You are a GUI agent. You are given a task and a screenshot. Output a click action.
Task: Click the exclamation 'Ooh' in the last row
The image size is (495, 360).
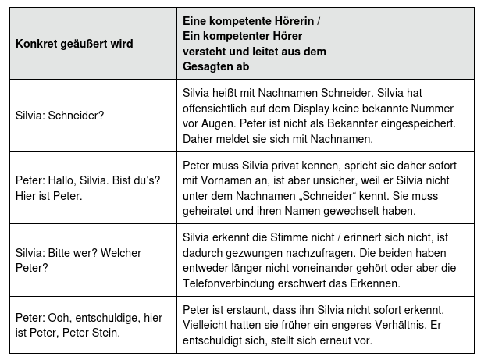[62, 318]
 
